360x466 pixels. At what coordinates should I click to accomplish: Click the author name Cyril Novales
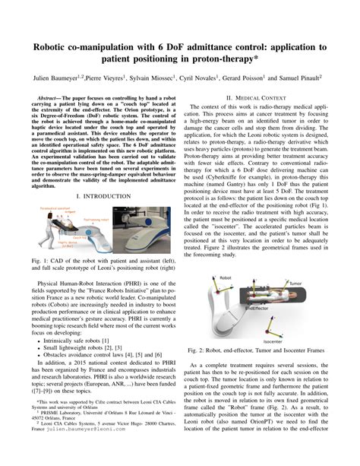point(199,78)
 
